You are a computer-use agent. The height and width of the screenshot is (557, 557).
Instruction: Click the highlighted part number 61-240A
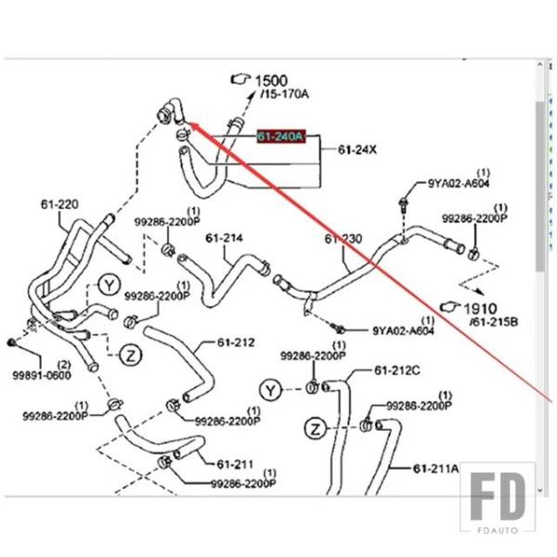point(280,136)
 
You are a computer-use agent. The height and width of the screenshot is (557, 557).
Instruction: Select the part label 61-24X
point(356,149)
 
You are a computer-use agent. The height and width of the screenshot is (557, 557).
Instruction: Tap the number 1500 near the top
point(271,81)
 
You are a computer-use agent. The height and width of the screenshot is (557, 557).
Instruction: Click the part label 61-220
point(58,204)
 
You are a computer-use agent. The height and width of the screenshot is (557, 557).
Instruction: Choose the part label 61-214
point(224,239)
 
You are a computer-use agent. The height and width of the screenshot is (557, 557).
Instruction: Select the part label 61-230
point(343,240)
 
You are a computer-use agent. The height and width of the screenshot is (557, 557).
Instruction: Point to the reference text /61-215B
point(494,321)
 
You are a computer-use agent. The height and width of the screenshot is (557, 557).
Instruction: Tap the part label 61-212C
point(397,370)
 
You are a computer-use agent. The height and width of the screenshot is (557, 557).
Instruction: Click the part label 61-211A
point(436,469)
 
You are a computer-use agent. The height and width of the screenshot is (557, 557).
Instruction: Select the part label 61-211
point(235,463)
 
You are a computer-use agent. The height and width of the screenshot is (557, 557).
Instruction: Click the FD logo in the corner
point(498,497)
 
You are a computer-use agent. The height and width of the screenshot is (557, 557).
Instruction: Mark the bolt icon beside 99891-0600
point(10,343)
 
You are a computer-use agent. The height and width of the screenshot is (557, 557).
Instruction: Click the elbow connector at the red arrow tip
point(169,114)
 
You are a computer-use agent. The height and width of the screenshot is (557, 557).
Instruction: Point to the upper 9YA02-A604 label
point(458,183)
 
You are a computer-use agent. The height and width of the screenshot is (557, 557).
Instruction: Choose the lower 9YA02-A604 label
point(404,330)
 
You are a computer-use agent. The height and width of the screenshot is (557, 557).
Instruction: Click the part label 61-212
point(236,343)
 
